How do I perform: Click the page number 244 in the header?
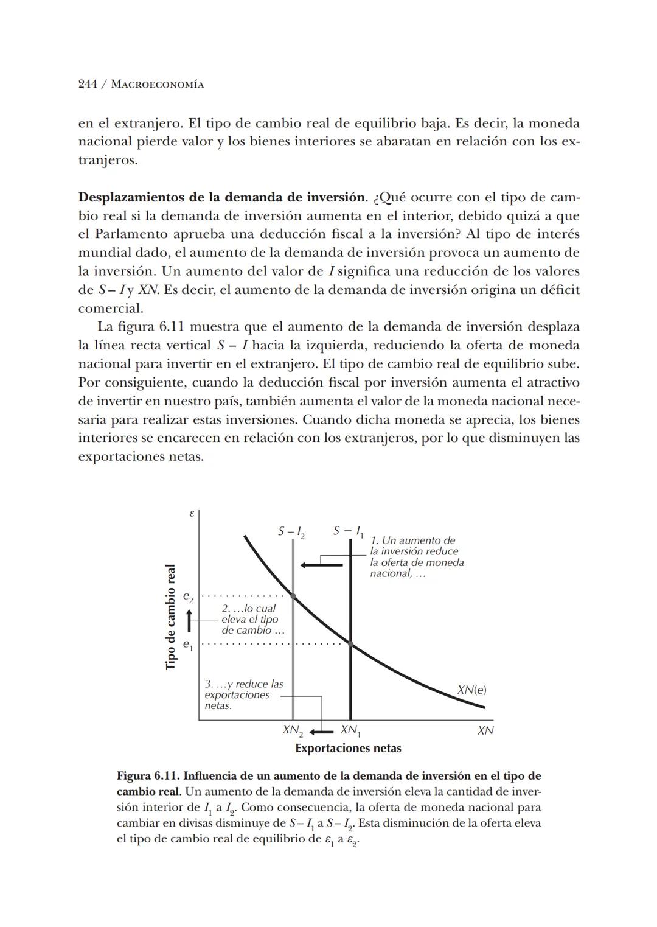[x=88, y=85]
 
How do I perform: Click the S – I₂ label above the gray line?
[x=291, y=532]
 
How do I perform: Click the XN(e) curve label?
[x=471, y=690]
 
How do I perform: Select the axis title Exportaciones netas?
[x=348, y=749]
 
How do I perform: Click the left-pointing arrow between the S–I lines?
[x=321, y=565]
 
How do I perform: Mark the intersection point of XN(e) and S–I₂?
[x=293, y=596]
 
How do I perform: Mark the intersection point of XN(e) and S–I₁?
[x=350, y=643]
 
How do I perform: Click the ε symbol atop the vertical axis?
[x=191, y=514]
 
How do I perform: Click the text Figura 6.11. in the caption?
[x=148, y=776]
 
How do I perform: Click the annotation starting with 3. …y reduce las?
[x=243, y=694]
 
